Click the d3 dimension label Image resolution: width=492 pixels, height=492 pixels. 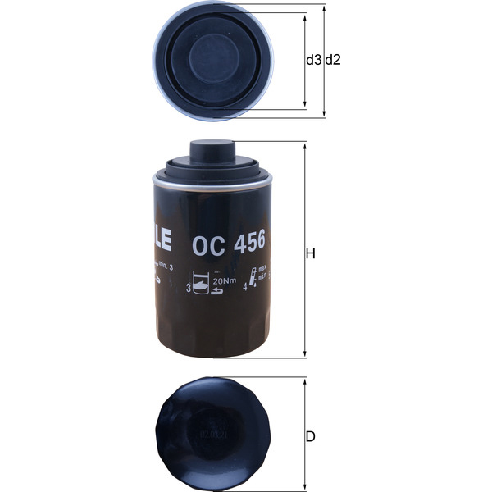coord(313,60)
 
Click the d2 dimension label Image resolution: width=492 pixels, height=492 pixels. coord(333,60)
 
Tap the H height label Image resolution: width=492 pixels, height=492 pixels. coord(311,253)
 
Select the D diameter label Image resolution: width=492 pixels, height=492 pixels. coord(311,436)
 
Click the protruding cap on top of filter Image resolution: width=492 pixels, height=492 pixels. coord(212,152)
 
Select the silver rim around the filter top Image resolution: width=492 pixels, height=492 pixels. coord(212,183)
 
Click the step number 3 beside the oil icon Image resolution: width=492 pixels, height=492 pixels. coord(189,288)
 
